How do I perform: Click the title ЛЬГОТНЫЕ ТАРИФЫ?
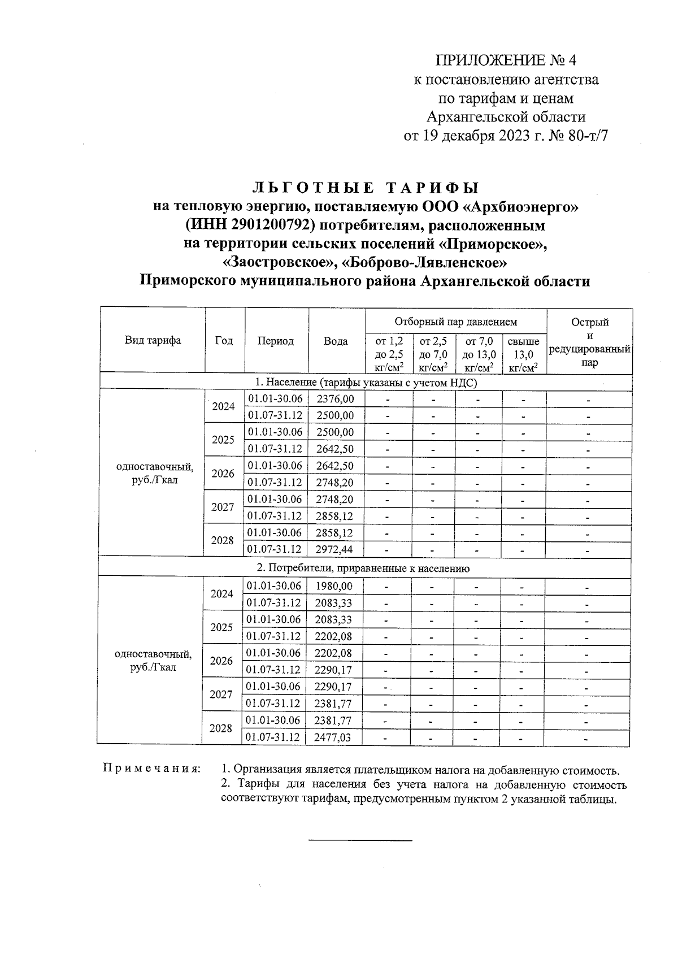coord(365,187)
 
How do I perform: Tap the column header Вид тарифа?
coord(153,340)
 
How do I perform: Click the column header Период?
coord(276,341)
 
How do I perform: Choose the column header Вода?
coord(336,341)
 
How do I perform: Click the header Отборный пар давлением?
coord(455,322)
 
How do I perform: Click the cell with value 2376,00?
coord(336,399)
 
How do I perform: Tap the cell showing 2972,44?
coord(336,549)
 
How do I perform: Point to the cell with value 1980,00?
coord(334,587)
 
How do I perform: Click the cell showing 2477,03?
coord(333,737)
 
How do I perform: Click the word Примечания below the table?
coord(151,770)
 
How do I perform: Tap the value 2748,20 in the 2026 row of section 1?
coord(336,483)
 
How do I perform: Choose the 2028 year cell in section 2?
coord(221,728)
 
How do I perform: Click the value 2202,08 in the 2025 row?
coord(333,636)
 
